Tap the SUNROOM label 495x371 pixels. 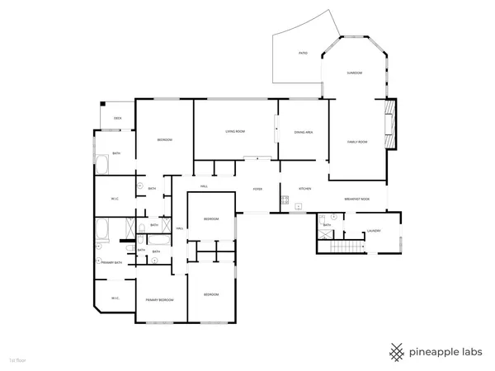pos(354,73)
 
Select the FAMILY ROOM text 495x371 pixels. pos(356,142)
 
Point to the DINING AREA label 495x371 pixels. pos(303,132)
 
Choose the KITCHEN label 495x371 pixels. pos(304,189)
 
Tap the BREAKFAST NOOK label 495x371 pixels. pos(357,200)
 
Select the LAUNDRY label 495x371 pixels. pos(373,231)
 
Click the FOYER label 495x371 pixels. pos(258,189)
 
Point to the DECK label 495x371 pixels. pos(118,119)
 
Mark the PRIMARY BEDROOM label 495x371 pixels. pos(158,300)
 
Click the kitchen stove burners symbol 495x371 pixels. pos(284,199)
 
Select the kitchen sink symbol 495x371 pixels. pos(300,206)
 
